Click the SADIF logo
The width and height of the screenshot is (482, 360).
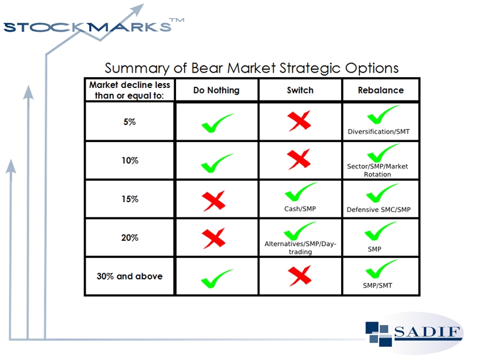[414, 333]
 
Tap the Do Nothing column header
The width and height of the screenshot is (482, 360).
[216, 90]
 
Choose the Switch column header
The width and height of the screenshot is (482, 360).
[300, 90]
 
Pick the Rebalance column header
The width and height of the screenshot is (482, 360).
[381, 90]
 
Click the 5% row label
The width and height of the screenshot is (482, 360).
[129, 122]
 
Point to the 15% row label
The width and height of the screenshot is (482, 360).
[129, 199]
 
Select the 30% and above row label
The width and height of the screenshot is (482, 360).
[129, 276]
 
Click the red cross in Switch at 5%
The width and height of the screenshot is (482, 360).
[299, 121]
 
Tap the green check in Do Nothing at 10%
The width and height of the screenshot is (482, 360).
[217, 163]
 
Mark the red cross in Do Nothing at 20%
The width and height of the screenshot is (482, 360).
[213, 238]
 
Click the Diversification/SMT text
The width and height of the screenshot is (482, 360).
[379, 132]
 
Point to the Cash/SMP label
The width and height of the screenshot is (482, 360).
[300, 209]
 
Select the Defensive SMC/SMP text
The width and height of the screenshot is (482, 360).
[379, 210]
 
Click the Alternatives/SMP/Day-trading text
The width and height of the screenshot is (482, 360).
[300, 248]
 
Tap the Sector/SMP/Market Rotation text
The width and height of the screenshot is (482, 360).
[378, 170]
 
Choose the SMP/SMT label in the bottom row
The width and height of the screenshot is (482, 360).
[378, 285]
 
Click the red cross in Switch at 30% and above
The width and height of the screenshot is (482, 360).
[300, 276]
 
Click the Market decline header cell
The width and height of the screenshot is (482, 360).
[129, 90]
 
